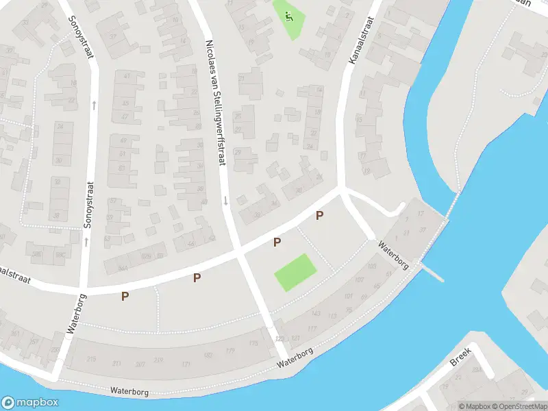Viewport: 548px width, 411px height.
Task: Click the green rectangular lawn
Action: click(295, 272)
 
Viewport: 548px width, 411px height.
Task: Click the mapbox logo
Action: click(30, 403)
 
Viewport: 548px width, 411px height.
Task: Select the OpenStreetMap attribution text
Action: click(519, 406)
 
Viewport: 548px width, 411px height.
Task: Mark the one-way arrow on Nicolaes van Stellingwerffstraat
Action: click(225, 200)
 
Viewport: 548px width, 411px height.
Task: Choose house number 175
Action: click(253, 342)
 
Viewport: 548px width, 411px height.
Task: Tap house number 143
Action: click(315, 314)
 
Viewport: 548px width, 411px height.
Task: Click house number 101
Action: click(348, 297)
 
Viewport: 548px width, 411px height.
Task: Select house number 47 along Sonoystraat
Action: click(125, 117)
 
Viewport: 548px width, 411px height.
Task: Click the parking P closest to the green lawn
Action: click(277, 242)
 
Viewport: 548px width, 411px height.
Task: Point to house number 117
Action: click(312, 329)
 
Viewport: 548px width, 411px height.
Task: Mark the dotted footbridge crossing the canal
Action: click(453, 203)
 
